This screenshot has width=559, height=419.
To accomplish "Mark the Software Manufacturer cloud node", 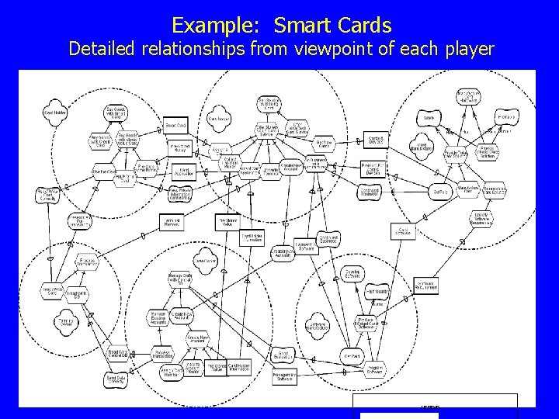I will pos(315,326).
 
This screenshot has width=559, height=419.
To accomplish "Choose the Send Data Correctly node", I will pos(117,380).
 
